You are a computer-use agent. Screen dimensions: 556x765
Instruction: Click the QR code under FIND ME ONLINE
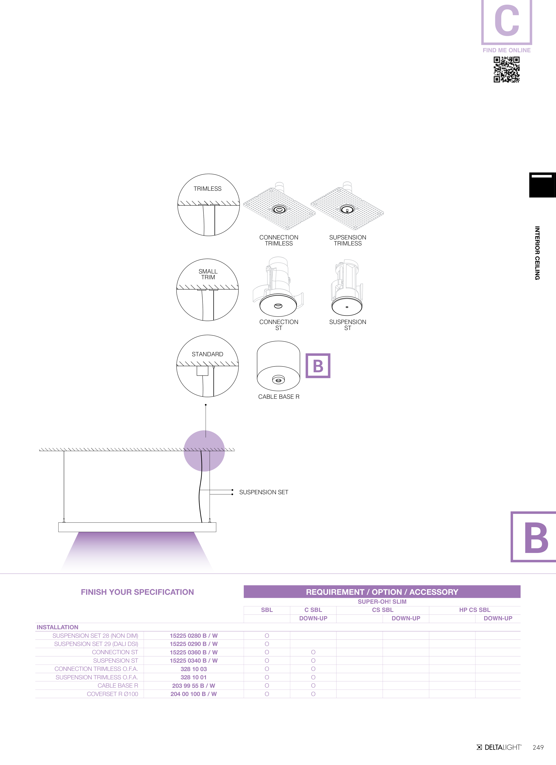pyautogui.click(x=506, y=69)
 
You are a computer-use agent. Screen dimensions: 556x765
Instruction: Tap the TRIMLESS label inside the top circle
pyautogui.click(x=207, y=188)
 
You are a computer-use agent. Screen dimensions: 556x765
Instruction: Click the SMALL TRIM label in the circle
pyautogui.click(x=208, y=274)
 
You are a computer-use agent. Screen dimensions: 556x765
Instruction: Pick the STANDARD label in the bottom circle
pyautogui.click(x=207, y=354)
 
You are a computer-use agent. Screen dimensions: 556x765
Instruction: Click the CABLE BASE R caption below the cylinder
pyautogui.click(x=279, y=397)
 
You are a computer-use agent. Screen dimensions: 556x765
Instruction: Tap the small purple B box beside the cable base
pyautogui.click(x=318, y=366)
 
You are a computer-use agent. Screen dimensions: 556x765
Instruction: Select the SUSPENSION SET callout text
pyautogui.click(x=264, y=492)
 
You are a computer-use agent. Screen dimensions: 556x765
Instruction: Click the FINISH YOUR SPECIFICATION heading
pyautogui.click(x=137, y=592)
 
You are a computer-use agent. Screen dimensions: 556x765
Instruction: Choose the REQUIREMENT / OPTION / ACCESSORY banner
pyautogui.click(x=382, y=592)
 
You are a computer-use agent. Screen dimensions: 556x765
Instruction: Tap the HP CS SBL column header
pyautogui.click(x=475, y=610)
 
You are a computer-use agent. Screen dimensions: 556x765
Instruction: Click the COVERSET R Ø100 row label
pyautogui.click(x=113, y=694)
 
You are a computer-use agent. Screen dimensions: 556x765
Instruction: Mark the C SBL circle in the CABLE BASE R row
pyautogui.click(x=313, y=685)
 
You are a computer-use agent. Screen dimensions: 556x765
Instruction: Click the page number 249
pyautogui.click(x=538, y=747)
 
